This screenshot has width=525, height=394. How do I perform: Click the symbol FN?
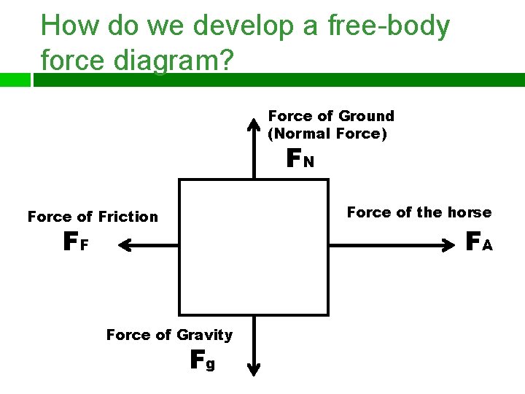click(x=300, y=158)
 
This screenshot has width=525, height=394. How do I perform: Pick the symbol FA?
click(x=479, y=240)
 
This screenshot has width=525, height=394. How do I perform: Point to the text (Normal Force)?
click(x=327, y=134)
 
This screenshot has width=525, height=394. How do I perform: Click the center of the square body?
click(x=253, y=247)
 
